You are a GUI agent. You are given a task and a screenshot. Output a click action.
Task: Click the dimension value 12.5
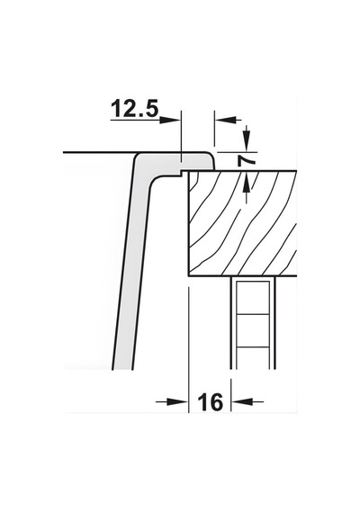(x=135, y=109)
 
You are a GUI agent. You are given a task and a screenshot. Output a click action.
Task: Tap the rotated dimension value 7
(x=247, y=160)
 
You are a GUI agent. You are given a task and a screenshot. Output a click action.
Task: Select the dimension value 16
(x=210, y=402)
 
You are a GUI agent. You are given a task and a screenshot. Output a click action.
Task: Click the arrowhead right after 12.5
(x=170, y=120)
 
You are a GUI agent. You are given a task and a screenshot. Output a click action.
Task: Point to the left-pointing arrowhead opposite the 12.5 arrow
(x=226, y=120)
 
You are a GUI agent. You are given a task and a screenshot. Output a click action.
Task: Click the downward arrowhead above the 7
(x=247, y=141)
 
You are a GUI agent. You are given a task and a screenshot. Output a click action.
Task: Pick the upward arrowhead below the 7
(x=247, y=182)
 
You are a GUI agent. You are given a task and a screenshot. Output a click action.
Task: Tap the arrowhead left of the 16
(x=177, y=401)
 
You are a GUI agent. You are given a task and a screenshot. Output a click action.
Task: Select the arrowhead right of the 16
(x=242, y=401)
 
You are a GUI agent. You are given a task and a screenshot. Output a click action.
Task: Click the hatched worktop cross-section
(x=242, y=223)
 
